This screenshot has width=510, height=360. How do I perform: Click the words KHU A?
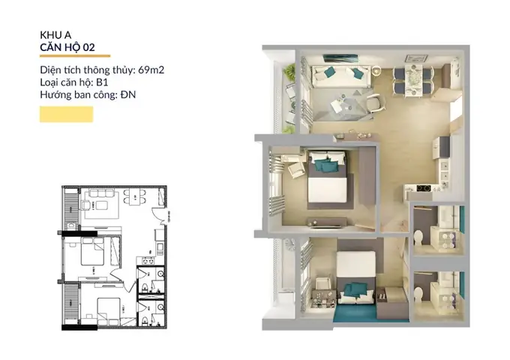(x=55, y=34)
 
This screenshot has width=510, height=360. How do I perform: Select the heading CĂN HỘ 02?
(x=67, y=47)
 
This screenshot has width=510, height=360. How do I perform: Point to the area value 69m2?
(x=151, y=70)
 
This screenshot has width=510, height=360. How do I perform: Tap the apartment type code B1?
(x=102, y=82)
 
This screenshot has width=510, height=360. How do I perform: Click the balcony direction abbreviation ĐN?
(x=128, y=94)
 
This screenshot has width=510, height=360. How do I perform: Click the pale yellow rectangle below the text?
(x=66, y=114)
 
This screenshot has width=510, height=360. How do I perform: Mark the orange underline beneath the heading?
(x=75, y=56)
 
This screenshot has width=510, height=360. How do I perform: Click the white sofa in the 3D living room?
(x=340, y=76)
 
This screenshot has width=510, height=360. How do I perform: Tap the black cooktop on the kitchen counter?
(x=424, y=187)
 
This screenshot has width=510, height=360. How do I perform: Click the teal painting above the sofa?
(x=340, y=58)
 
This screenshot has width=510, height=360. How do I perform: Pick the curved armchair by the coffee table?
(x=376, y=103)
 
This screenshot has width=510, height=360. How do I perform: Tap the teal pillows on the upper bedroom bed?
(x=325, y=164)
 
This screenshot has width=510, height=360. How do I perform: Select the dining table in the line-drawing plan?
(x=135, y=197)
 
